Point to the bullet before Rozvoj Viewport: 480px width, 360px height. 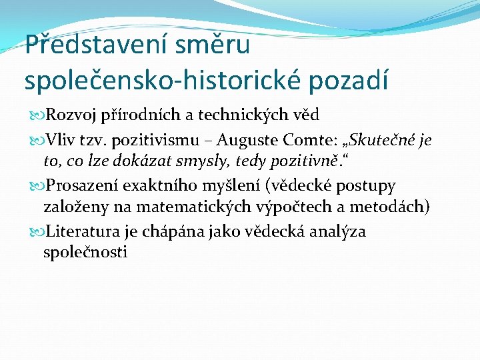point(35,115)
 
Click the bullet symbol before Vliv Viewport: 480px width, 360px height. point(35,141)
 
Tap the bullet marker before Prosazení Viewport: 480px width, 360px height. point(35,185)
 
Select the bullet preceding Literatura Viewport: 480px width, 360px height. point(35,231)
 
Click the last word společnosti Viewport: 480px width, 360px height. point(85,253)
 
